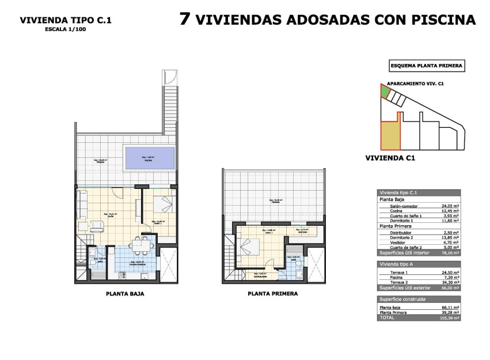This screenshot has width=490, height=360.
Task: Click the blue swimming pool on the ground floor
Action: (149, 158)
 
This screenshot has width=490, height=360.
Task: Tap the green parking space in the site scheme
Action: (384, 91)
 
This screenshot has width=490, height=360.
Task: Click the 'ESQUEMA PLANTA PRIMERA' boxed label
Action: (426, 66)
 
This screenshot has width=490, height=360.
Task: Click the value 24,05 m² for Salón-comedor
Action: (450, 206)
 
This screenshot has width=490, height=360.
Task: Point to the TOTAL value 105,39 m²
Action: (448, 317)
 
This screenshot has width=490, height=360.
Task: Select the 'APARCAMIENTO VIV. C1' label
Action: (415, 83)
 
